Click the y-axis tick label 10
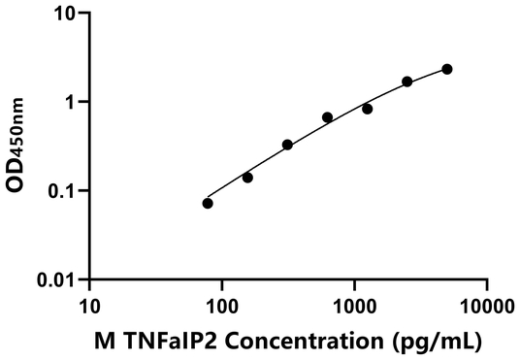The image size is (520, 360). (66, 14)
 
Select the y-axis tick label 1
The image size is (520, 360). (72, 102)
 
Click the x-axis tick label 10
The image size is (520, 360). (89, 309)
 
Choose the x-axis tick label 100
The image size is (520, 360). (221, 309)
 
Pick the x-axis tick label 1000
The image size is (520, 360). (354, 309)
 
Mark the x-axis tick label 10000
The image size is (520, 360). (486, 309)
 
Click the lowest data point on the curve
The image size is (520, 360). (208, 203)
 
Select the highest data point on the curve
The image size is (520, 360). (446, 69)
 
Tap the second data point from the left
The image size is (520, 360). (247, 178)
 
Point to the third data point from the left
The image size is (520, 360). (287, 145)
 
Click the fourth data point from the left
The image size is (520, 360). (327, 117)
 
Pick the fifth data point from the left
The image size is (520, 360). (367, 109)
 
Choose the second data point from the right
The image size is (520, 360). (406, 82)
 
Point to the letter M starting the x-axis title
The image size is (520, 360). (104, 342)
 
